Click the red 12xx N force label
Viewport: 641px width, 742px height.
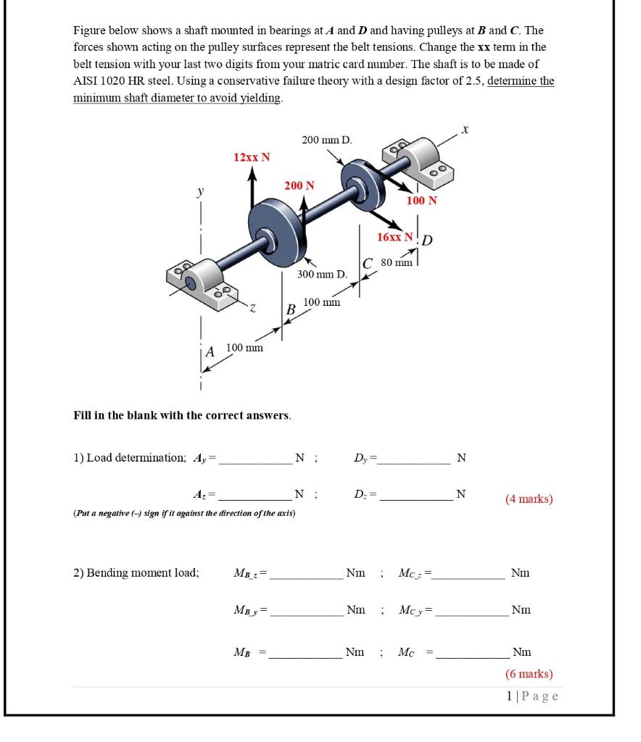pos(251,157)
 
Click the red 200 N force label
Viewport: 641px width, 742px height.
pos(299,185)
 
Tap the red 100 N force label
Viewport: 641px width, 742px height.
pos(421,200)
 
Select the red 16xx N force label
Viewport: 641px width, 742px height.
pos(395,237)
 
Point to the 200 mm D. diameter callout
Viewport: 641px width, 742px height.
pos(326,139)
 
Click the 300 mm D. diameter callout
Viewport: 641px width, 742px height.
pos(323,275)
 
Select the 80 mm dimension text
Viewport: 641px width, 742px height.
pos(397,261)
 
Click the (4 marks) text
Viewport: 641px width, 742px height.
pos(529,499)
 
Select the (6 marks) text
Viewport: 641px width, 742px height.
pos(529,674)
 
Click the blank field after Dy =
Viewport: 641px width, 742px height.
pos(416,458)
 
